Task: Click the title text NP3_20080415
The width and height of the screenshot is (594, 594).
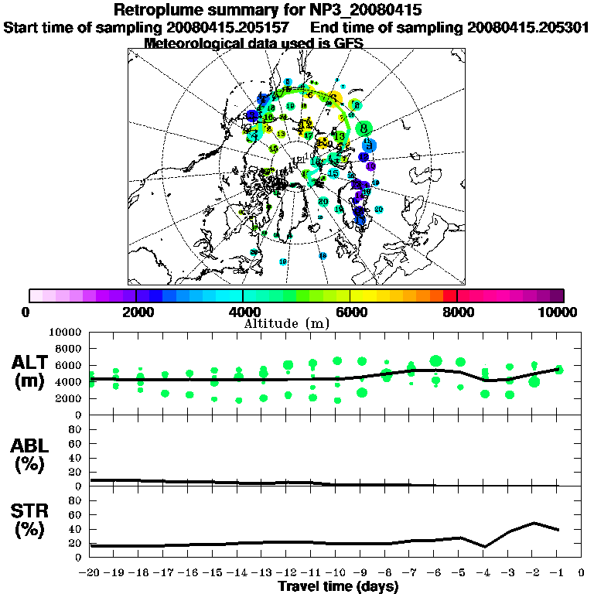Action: (x=360, y=10)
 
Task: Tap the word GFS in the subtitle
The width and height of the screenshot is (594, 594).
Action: (x=347, y=43)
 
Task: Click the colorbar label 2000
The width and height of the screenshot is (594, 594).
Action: (x=136, y=312)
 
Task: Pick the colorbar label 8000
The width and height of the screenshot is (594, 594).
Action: (x=457, y=312)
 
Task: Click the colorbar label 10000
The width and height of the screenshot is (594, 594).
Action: (x=560, y=312)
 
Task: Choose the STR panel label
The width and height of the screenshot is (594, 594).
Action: (x=31, y=519)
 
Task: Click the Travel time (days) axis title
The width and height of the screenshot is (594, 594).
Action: (x=337, y=587)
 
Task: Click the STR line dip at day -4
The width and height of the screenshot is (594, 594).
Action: (x=485, y=546)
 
